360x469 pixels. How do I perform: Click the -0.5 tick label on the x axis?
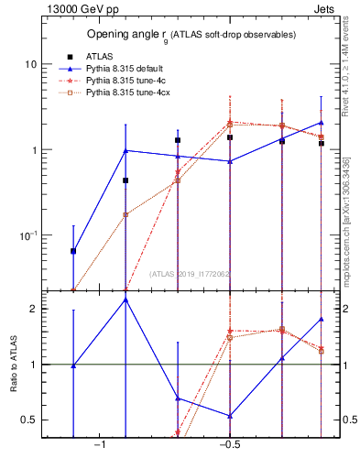[228, 444]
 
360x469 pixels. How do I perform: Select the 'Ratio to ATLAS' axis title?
[14, 366]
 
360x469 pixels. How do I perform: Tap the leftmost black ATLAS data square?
[73, 251]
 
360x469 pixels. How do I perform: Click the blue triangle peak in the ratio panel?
[125, 300]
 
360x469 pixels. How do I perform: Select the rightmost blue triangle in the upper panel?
[322, 123]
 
